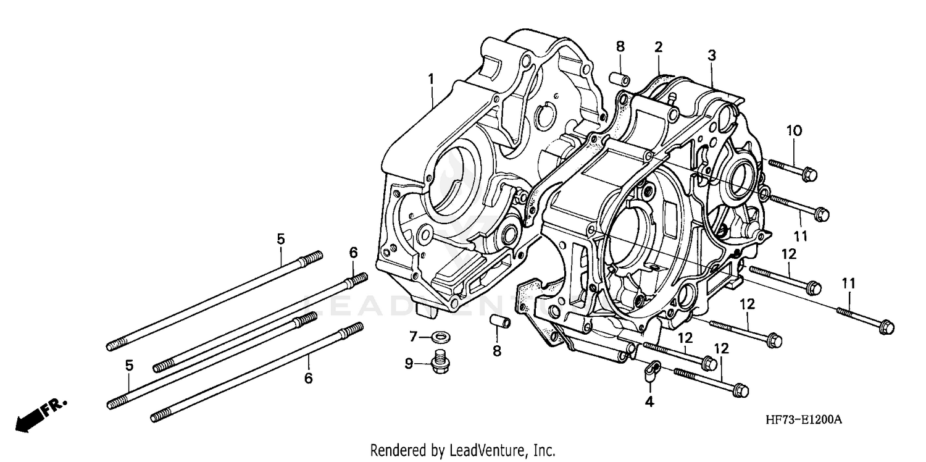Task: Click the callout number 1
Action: (431, 79)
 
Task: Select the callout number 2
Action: (659, 46)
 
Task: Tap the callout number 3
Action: (712, 56)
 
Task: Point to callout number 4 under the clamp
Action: (649, 402)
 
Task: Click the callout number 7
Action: (414, 337)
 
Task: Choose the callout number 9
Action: (409, 364)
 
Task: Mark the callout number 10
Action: (794, 130)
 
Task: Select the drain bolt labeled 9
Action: (440, 361)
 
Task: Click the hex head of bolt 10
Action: (810, 174)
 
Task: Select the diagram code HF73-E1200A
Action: (804, 420)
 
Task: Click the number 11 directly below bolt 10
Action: (801, 236)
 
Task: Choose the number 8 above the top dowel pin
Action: (620, 46)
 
